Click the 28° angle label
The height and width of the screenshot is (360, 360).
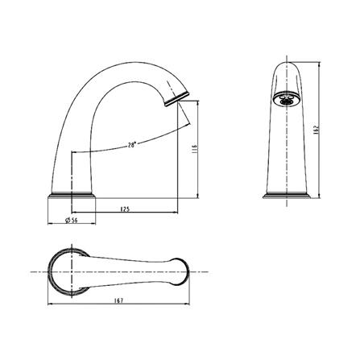[x=132, y=145]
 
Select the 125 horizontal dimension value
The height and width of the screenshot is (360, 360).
[x=125, y=209]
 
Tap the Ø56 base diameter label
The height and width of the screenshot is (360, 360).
[x=72, y=220]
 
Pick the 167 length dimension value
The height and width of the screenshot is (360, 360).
[x=118, y=300]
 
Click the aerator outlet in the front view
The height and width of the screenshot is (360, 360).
[x=286, y=99]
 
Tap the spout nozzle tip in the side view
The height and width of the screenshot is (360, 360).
[x=176, y=98]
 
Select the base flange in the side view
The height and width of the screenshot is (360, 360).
[x=72, y=196]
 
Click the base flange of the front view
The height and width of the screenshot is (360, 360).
[x=287, y=196]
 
